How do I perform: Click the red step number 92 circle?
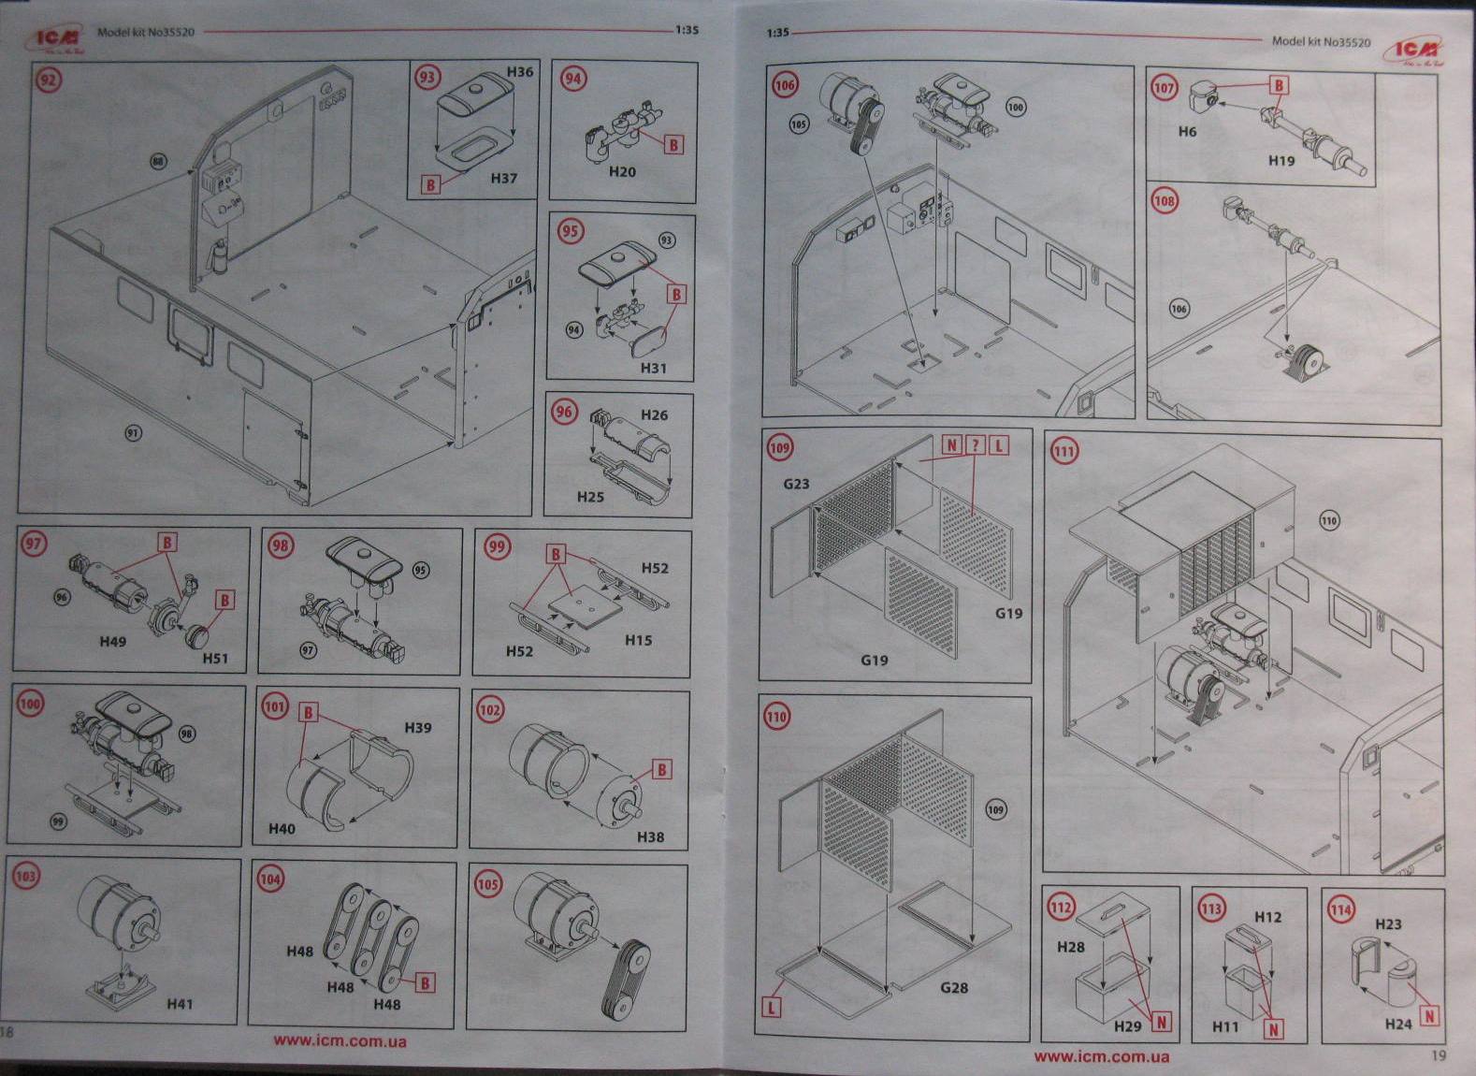click(x=48, y=80)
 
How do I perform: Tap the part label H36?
click(x=520, y=72)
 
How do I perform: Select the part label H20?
click(x=622, y=172)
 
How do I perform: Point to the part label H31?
click(x=653, y=369)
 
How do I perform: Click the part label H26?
click(x=655, y=414)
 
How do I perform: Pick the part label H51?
click(x=215, y=658)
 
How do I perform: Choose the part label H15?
click(x=639, y=640)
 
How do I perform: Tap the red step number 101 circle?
click(x=274, y=706)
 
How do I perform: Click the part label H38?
click(x=650, y=836)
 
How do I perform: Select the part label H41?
click(x=180, y=1004)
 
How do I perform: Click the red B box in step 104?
click(x=425, y=982)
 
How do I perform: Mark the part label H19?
click(x=1281, y=160)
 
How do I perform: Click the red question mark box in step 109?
click(x=975, y=445)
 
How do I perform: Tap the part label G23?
click(x=796, y=484)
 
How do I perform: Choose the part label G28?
click(x=954, y=987)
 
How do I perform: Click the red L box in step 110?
click(x=772, y=1008)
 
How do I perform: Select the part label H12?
click(x=1267, y=917)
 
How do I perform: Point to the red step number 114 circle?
click(x=1341, y=909)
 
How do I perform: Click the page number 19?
click(x=1439, y=1055)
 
